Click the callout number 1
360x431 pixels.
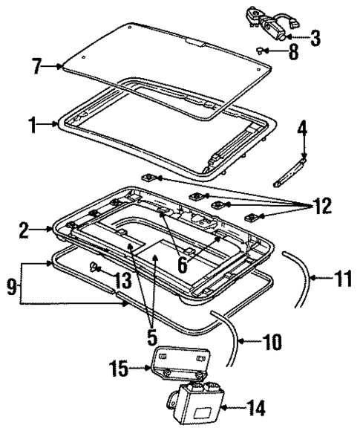pyautogui.click(x=33, y=126)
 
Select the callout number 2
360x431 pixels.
pyautogui.click(x=24, y=230)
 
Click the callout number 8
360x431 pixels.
pyautogui.click(x=294, y=54)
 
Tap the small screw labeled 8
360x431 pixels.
pyautogui.click(x=263, y=50)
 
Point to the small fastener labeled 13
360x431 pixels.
pyautogui.click(x=95, y=266)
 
